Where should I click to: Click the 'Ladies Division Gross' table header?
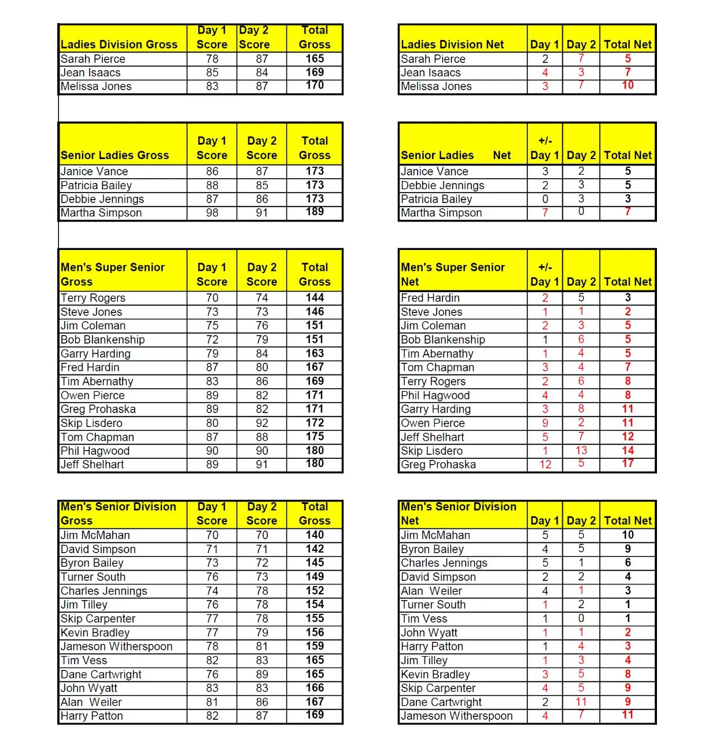click(x=119, y=45)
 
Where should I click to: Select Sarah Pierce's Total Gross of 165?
click(x=315, y=58)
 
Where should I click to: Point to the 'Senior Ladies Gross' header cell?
click(x=115, y=155)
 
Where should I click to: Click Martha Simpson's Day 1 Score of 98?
click(x=212, y=213)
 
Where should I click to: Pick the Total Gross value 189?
click(x=315, y=212)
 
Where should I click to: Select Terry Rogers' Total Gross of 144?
click(x=315, y=298)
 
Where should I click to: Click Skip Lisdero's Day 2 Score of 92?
click(x=262, y=423)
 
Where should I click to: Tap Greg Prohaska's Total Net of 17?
click(x=627, y=464)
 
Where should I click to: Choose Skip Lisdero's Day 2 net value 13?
click(x=581, y=451)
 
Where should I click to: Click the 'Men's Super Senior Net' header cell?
click(x=453, y=274)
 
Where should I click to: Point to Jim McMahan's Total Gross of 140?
click(x=315, y=535)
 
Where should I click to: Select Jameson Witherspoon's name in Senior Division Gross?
click(x=117, y=646)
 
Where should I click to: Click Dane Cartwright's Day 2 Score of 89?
click(x=262, y=674)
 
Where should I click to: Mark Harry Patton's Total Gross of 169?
click(x=315, y=716)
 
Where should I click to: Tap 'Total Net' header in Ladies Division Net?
click(x=627, y=45)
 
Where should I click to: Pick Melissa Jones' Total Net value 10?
click(x=627, y=86)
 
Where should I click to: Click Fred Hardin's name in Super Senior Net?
click(x=430, y=298)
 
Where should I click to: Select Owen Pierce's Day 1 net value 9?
click(x=545, y=423)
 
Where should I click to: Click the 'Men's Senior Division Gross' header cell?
click(x=119, y=513)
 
